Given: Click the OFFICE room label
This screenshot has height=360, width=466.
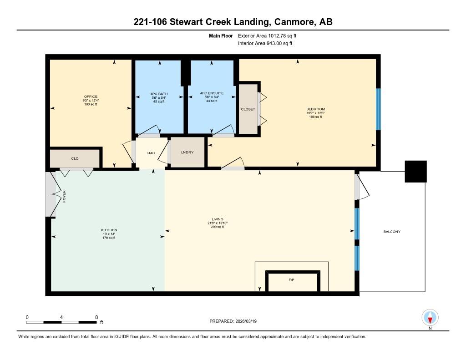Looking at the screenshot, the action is tap(91, 96).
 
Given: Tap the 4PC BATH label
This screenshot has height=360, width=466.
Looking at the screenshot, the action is tap(159, 94).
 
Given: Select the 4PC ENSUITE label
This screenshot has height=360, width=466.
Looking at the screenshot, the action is tap(212, 93).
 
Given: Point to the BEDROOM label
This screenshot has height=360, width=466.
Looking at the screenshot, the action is tap(315, 109).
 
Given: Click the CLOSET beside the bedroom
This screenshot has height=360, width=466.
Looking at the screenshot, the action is tap(248, 109).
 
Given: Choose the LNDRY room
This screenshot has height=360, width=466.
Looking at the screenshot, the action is tap(187, 152).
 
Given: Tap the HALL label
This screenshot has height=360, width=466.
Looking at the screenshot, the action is tap(152, 153).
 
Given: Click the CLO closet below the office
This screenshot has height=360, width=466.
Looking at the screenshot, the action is tap(75, 158).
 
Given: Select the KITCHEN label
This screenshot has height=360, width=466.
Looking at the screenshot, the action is tap(109, 230).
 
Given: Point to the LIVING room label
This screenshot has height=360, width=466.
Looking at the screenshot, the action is tap(218, 219).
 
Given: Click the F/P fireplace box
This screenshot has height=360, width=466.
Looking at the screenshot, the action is tap(293, 281).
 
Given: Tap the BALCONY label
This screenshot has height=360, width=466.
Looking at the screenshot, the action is tap(392, 232).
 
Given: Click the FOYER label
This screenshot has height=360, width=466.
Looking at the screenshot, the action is tap(64, 197).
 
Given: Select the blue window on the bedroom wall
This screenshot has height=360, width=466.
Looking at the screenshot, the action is tap(378, 109).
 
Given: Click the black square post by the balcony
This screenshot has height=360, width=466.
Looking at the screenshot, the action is tap(416, 172).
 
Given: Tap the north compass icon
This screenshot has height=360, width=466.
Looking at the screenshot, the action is tap(430, 318).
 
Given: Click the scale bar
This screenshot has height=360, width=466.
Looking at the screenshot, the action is tap(61, 322).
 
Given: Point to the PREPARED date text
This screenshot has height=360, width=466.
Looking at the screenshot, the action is tap(233, 321).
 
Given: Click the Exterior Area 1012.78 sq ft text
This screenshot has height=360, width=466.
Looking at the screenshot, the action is tap(267, 35).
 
